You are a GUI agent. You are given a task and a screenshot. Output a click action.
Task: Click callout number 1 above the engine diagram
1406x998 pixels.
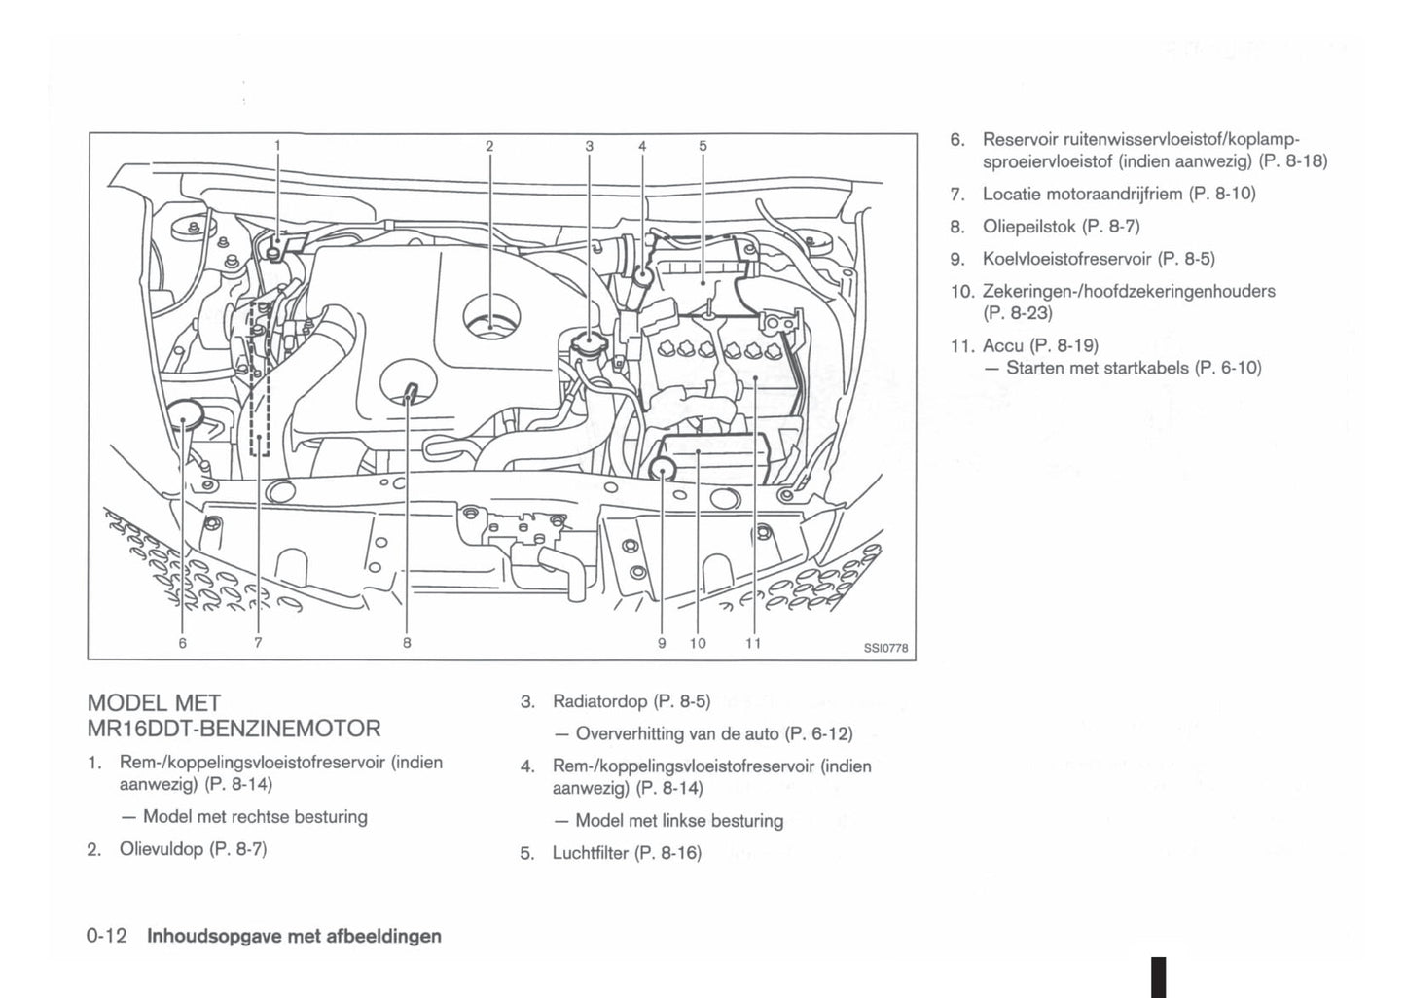pos(277,146)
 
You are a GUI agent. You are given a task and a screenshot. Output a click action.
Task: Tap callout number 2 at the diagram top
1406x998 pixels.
pos(489,146)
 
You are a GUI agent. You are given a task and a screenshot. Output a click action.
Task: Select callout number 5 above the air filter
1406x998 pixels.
pos(703,146)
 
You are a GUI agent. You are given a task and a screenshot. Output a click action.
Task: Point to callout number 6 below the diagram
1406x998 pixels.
pos(182,642)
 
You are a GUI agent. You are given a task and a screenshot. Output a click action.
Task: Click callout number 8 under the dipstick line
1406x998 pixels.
pos(407,642)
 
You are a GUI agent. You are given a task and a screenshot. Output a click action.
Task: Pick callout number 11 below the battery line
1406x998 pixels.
pos(753,642)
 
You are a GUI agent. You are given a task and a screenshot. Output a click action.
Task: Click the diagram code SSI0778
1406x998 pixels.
pos(885,650)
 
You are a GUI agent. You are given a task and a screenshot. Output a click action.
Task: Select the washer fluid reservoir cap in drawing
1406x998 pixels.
pos(183,415)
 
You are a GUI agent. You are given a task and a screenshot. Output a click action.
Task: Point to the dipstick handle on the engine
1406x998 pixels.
pos(410,392)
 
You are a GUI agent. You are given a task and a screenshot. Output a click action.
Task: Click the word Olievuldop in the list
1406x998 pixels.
pos(161,849)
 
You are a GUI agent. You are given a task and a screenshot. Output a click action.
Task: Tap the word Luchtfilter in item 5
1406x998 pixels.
pos(591,854)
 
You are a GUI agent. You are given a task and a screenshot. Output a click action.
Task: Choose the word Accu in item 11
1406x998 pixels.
pos(1002,345)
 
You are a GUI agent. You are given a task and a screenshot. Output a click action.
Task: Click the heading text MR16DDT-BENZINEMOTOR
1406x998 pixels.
pos(234,728)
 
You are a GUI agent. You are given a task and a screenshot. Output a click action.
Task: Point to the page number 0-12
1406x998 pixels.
pos(107,936)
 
